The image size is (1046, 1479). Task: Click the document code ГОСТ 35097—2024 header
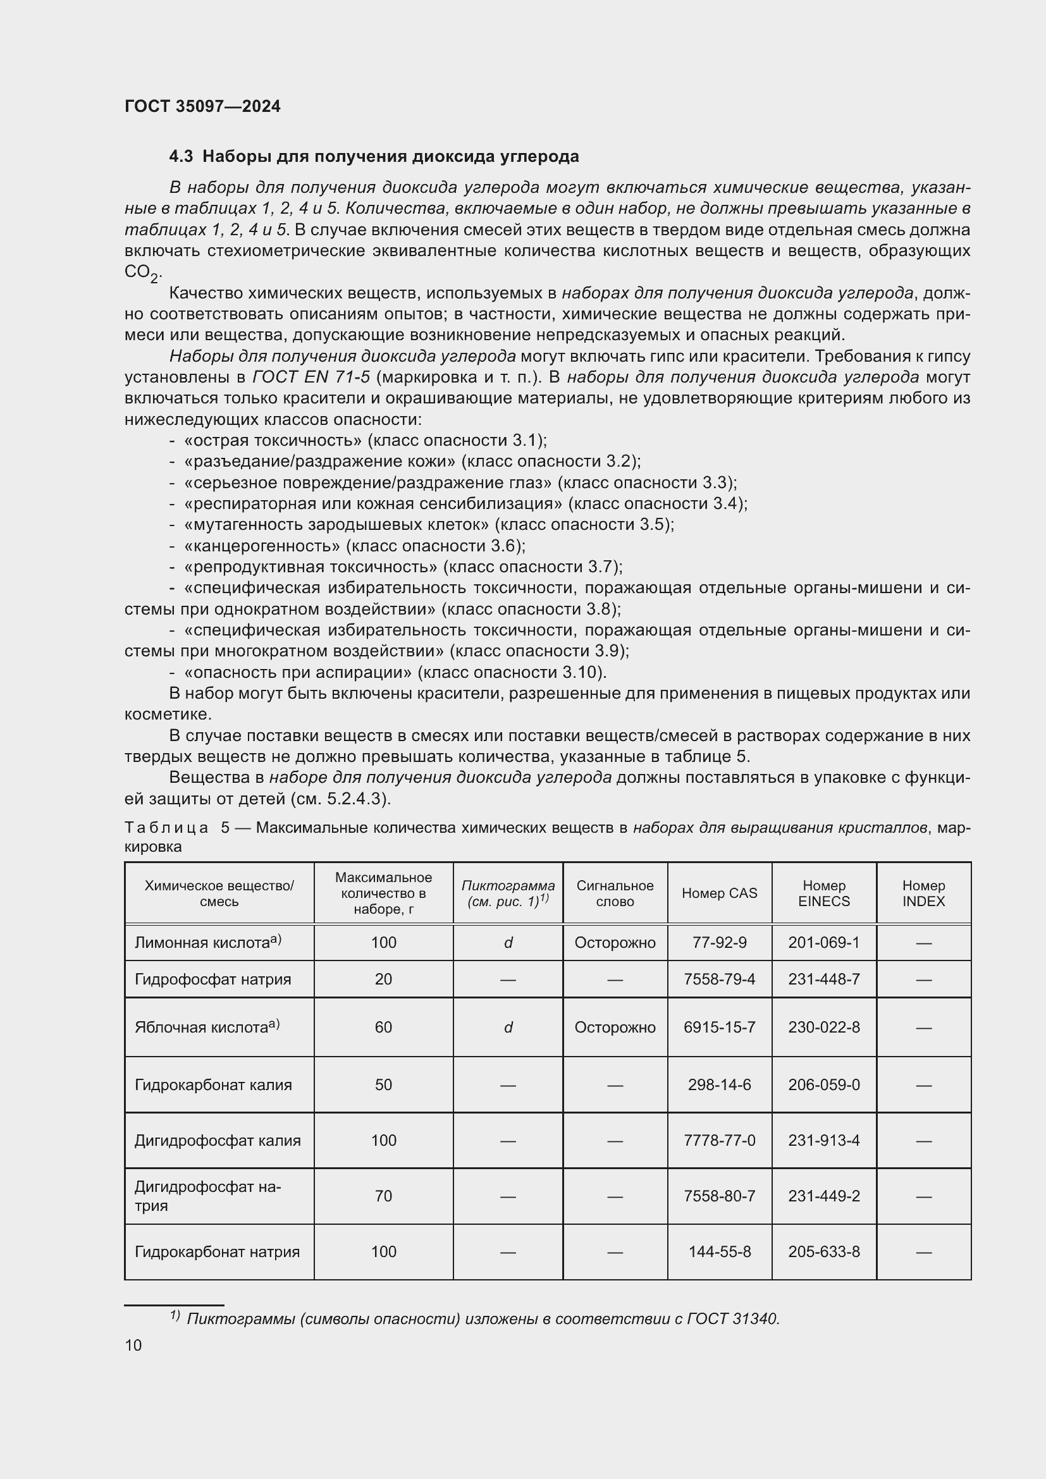click(202, 106)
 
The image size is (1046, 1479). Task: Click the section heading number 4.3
click(181, 157)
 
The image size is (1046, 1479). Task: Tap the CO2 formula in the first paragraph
click(141, 273)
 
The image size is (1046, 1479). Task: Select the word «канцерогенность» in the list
click(262, 546)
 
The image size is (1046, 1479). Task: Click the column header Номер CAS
click(719, 893)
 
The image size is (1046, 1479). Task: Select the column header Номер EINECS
click(823, 893)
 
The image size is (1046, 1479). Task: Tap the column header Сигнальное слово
click(615, 893)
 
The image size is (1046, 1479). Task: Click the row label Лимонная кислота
click(202, 943)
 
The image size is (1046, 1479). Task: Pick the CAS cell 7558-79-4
click(719, 979)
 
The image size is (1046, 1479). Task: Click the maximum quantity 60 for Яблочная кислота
click(383, 1027)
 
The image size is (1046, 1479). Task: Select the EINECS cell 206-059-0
click(823, 1085)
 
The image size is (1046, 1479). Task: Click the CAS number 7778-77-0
click(719, 1140)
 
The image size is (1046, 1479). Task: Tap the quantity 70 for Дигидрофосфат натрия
click(383, 1196)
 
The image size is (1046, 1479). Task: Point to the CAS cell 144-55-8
click(719, 1251)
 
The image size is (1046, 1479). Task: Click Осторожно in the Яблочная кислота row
click(615, 1027)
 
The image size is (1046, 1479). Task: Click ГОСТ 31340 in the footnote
click(733, 1318)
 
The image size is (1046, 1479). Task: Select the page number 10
click(133, 1345)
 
